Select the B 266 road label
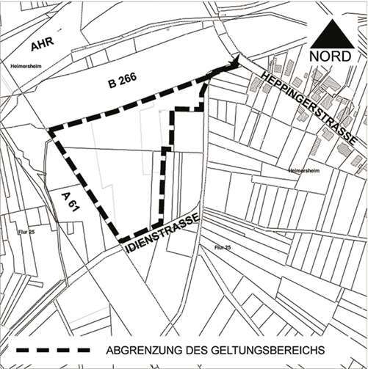121,84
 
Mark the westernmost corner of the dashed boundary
50,132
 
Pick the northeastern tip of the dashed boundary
237,64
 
